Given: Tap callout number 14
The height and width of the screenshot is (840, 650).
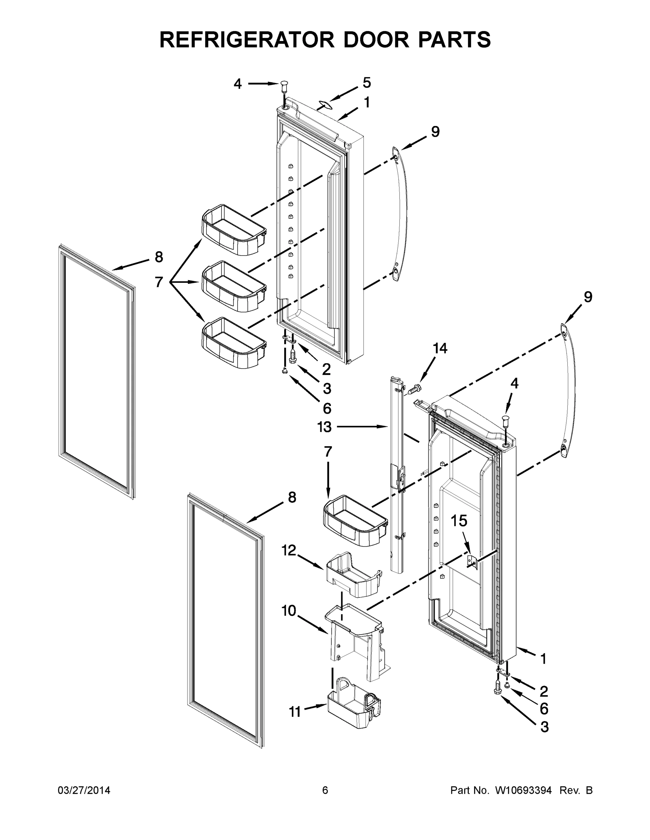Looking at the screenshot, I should (x=440, y=349).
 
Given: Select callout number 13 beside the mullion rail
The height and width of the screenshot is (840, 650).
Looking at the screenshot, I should (x=324, y=427).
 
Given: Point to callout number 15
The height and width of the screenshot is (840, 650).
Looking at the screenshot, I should (x=459, y=521).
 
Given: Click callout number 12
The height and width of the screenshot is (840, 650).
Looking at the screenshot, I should (x=288, y=551).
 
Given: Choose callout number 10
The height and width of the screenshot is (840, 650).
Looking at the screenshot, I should (x=289, y=611).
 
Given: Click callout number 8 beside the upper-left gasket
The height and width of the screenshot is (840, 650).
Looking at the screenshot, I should (x=159, y=257).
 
